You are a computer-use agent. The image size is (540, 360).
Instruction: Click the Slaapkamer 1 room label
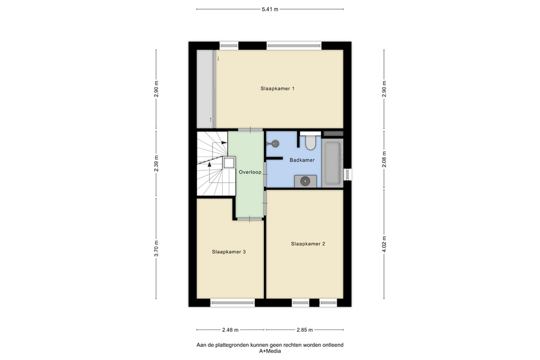277,89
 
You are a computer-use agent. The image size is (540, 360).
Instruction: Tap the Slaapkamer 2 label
308,244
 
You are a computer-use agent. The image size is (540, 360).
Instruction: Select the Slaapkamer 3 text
229,252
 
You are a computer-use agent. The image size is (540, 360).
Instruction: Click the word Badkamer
302,160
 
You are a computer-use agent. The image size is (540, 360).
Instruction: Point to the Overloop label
250,172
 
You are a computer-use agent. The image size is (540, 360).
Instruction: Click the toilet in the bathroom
310,143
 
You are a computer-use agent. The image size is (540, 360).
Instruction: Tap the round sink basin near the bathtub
305,181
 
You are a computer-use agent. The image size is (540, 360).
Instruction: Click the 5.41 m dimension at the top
270,10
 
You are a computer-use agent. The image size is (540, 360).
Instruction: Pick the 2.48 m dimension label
230,329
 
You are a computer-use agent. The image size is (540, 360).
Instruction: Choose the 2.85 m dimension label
305,329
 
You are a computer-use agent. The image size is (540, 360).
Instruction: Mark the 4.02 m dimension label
385,244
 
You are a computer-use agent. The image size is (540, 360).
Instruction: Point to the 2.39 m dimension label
156,164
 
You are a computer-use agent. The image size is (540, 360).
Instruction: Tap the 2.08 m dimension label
385,160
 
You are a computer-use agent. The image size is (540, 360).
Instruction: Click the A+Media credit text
270,351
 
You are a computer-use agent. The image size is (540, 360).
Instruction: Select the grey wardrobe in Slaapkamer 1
205,89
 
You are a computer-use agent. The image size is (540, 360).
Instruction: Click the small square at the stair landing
229,162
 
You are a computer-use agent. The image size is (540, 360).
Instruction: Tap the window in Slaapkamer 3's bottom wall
232,303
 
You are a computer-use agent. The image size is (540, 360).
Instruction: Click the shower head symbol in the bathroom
275,143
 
